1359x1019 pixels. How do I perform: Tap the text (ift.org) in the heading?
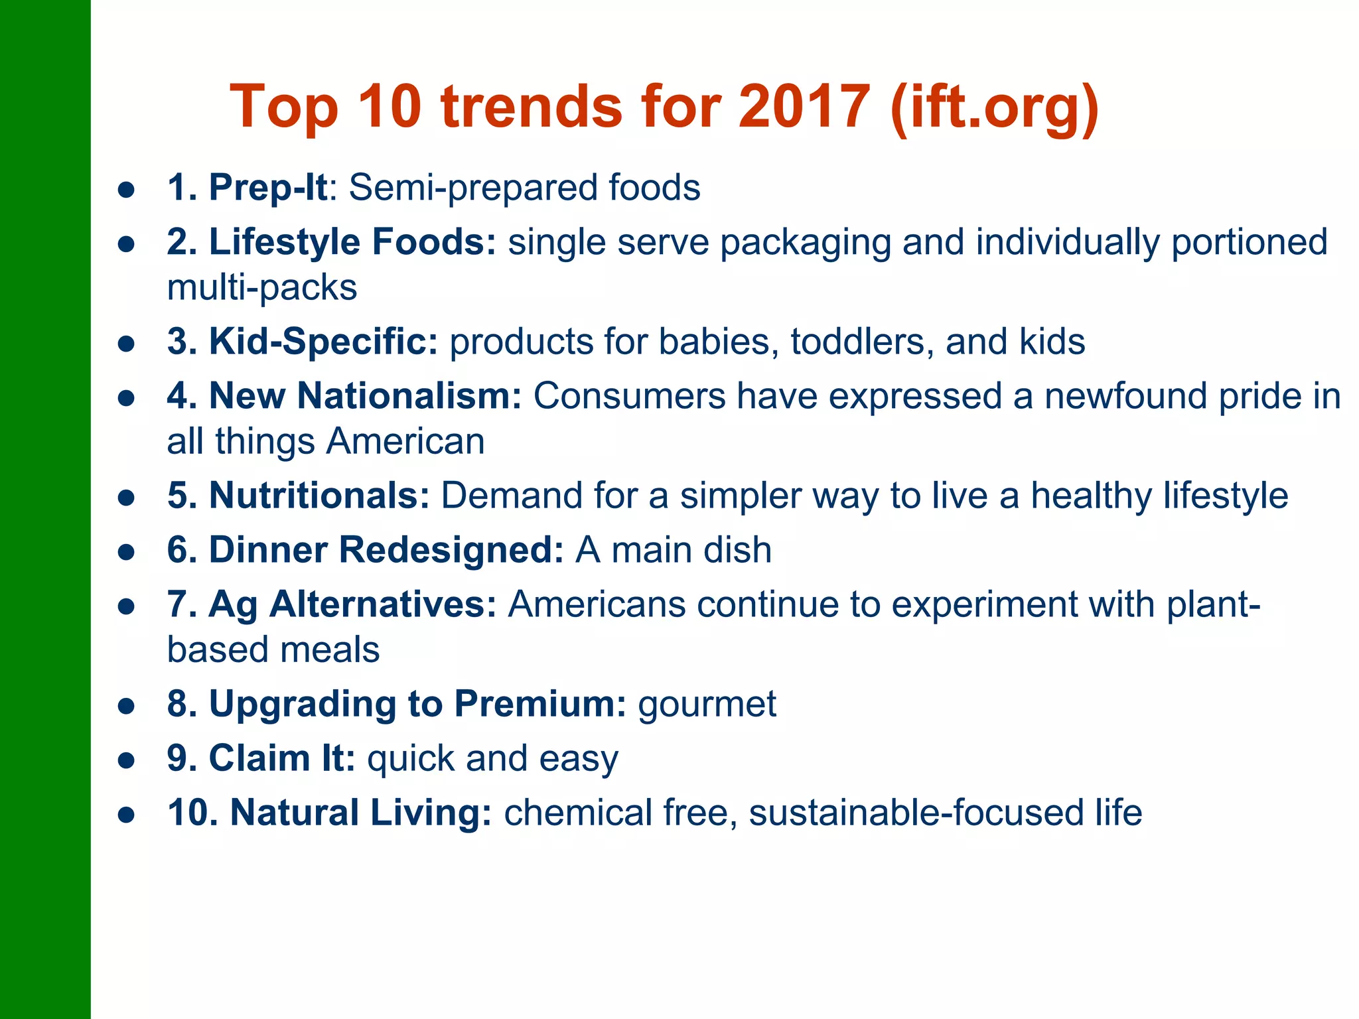(x=995, y=108)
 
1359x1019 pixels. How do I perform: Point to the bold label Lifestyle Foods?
(x=352, y=242)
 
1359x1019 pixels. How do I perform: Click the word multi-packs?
(x=262, y=288)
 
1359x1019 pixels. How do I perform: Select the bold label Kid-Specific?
(x=323, y=342)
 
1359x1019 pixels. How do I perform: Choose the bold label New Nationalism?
(x=365, y=396)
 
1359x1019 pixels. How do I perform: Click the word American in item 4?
(x=405, y=442)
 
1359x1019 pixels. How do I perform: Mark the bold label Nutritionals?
(x=319, y=496)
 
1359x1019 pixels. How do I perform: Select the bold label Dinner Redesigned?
(x=386, y=550)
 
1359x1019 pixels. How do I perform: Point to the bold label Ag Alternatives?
(x=352, y=605)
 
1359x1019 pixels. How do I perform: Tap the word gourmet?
(x=707, y=705)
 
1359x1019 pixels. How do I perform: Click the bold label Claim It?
(x=282, y=758)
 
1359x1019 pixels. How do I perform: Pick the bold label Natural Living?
(x=360, y=813)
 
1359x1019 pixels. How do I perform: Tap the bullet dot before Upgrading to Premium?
(x=126, y=706)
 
